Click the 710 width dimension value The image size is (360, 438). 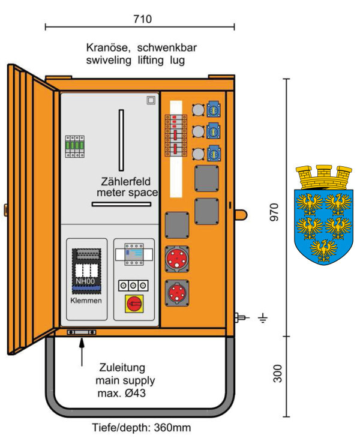(x=142, y=19)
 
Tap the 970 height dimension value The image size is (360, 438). (x=275, y=212)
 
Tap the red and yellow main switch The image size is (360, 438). (x=134, y=304)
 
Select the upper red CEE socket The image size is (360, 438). (x=178, y=259)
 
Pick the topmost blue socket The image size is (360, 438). (x=214, y=109)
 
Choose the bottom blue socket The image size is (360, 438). (x=214, y=154)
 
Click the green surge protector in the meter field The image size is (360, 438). (x=74, y=146)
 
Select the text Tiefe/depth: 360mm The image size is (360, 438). (x=142, y=428)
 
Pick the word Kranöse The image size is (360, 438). (x=109, y=47)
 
